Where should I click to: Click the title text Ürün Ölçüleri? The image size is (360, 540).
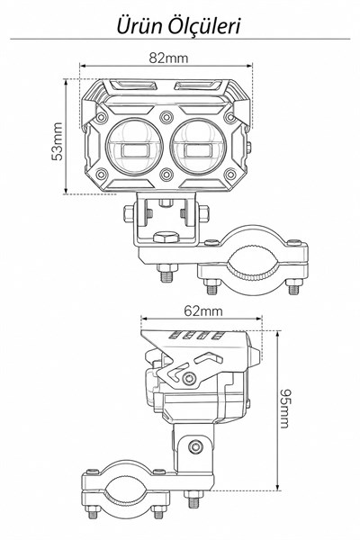pos(178,26)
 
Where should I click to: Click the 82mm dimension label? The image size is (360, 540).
pos(168,58)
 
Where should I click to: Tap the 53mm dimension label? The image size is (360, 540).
pos(58,141)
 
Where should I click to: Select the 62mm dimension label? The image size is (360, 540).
pos(203,311)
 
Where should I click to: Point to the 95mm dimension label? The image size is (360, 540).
pos(284,409)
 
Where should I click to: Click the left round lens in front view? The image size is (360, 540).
pos(134,146)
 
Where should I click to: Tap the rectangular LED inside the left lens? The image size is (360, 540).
pos(134,150)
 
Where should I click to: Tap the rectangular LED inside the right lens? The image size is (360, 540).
pos(198,150)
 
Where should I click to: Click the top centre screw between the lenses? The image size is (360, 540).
pos(166,117)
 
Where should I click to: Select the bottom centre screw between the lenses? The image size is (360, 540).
pos(166,175)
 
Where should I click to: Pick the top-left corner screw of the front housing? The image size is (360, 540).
pos(102,117)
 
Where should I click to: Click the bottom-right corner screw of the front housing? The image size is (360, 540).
pos(230,175)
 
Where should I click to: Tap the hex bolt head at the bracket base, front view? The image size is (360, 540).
pos(166,237)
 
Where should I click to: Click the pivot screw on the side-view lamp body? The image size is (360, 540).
pos(189,379)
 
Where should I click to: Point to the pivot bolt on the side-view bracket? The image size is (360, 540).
pos(195,447)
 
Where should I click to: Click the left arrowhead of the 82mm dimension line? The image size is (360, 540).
pos(82,65)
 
